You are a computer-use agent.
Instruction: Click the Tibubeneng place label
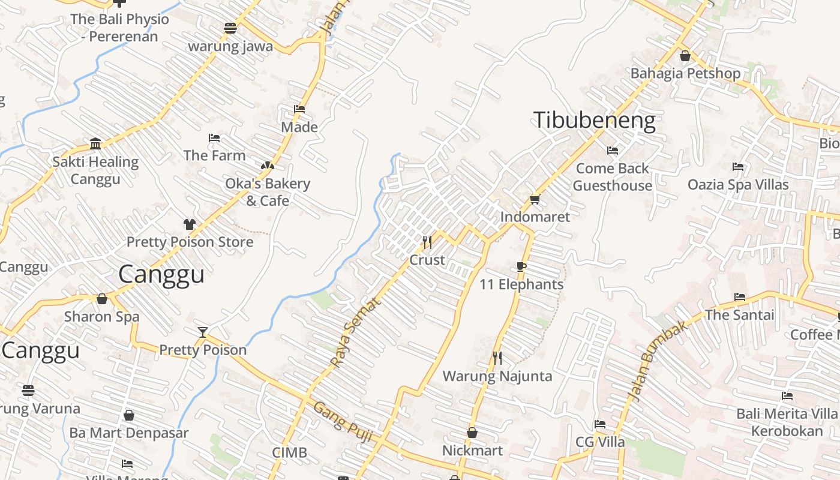(594, 121)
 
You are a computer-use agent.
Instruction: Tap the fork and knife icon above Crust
(427, 242)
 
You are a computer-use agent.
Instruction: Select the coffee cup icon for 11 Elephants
(521, 267)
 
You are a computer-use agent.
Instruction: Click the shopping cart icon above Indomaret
(535, 199)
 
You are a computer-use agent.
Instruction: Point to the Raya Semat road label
(356, 332)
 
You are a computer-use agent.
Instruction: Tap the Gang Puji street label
(344, 422)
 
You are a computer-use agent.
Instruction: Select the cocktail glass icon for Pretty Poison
(203, 332)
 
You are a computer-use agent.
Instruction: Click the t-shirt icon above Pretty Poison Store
(190, 224)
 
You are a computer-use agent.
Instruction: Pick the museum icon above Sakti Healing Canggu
(95, 143)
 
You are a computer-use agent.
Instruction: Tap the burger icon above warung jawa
(230, 28)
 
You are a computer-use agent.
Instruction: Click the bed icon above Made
(299, 109)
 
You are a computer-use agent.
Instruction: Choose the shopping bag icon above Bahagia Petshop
(685, 56)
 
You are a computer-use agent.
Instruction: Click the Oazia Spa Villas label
(738, 184)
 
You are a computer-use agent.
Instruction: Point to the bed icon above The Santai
(740, 297)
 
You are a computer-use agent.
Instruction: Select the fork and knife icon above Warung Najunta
(497, 358)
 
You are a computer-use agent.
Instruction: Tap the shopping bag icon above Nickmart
(472, 433)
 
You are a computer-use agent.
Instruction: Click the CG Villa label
(600, 442)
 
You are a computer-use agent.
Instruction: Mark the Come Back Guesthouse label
(612, 177)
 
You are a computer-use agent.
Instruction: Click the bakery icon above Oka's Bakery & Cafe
(267, 166)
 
